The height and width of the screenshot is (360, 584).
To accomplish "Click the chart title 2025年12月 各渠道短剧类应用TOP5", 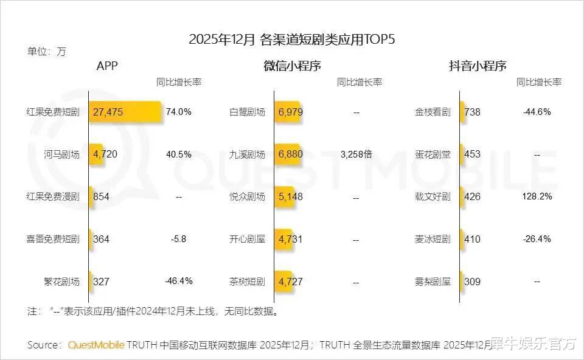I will tap(292, 40).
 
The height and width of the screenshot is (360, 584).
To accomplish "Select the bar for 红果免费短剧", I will tap(125, 112).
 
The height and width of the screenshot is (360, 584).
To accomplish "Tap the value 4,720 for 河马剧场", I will tap(105, 154).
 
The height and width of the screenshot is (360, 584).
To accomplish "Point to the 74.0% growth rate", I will tap(179, 112).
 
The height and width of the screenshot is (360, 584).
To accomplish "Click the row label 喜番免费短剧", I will tap(54, 239).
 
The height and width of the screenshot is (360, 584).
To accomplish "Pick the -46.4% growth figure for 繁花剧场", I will tap(179, 281).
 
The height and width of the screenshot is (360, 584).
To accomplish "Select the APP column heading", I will tap(107, 66).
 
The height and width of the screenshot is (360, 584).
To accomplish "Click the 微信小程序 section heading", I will tap(292, 66).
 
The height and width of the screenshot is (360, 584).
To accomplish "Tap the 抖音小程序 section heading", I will tap(478, 66).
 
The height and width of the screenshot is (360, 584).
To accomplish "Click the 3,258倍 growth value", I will tap(356, 154).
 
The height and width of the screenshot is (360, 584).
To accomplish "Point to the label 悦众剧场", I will tap(247, 197).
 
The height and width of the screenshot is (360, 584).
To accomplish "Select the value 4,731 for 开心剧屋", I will tap(290, 239).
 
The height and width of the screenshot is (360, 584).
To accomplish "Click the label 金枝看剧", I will tap(433, 112).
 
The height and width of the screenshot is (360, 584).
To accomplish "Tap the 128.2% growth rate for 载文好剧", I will tap(537, 196).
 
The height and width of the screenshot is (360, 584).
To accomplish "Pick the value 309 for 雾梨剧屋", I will tap(473, 282).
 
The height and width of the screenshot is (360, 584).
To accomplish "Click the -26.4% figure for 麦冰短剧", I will tap(537, 239).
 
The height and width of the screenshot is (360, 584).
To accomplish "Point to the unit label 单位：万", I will tap(46, 52).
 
